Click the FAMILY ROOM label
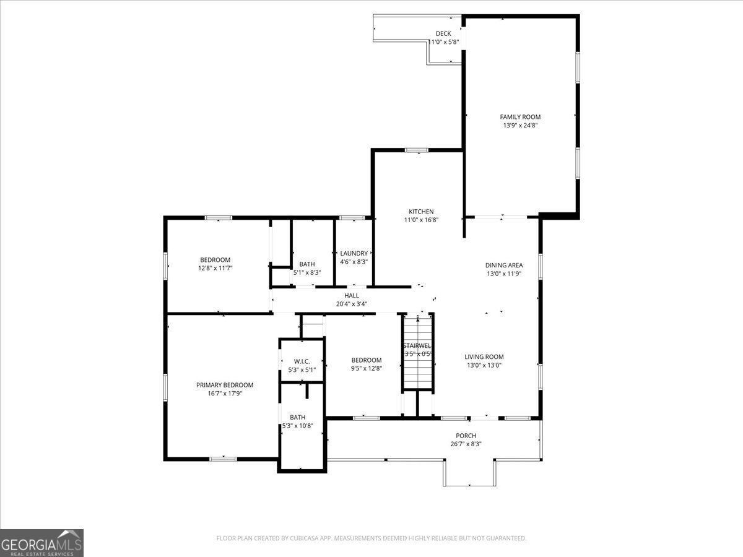point(520,117)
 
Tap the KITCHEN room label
point(421,212)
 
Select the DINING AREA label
point(504,266)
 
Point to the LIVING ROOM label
point(484,357)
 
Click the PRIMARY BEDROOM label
point(225,385)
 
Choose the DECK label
point(443,34)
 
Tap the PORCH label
point(466,436)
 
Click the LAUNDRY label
point(354,253)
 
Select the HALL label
point(352,296)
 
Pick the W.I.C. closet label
point(302,361)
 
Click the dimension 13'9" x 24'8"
point(520,126)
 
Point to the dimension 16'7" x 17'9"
point(225,394)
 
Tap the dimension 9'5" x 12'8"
point(367,368)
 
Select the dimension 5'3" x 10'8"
point(298,426)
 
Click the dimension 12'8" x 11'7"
point(215,268)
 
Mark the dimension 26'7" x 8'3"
point(466,444)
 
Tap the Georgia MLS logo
point(41,543)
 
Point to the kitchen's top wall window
point(417,150)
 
